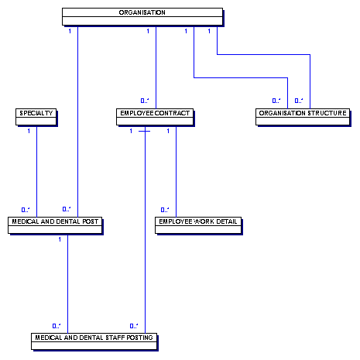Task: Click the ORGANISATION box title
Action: pos(142,12)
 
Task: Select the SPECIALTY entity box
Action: pos(36,117)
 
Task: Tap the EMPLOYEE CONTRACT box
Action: pos(155,117)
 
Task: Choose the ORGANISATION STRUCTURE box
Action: pos(303,117)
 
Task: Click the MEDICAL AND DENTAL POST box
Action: pos(55,225)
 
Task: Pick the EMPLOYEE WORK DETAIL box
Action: pos(198,225)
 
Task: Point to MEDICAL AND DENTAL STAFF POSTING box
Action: pos(94,341)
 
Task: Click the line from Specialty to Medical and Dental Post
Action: pos(36,171)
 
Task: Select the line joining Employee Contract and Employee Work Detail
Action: pos(177,171)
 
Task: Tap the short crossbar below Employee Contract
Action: pos(144,131)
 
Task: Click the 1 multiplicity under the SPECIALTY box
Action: pos(29,131)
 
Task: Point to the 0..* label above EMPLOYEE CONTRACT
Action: pos(145,101)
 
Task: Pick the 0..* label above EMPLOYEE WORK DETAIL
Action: pos(165,210)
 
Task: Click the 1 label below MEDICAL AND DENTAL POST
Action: pos(60,239)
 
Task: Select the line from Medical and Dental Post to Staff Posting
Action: pos(67,283)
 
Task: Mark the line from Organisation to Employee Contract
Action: pos(156,67)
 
